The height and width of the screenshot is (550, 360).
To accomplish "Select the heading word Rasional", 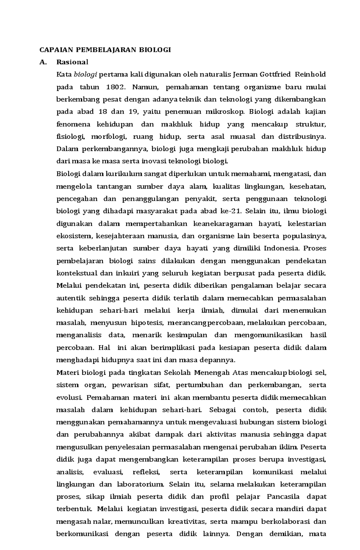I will (x=72, y=62).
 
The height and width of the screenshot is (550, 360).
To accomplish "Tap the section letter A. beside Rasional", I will (x=44, y=62).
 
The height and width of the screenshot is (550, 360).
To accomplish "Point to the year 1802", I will (x=115, y=87).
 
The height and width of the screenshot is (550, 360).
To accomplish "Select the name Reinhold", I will (x=311, y=74).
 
